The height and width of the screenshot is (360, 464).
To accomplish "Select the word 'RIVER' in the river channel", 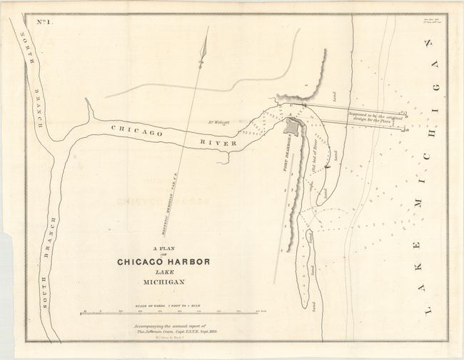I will (216, 144).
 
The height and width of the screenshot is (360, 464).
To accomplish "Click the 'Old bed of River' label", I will (315, 157).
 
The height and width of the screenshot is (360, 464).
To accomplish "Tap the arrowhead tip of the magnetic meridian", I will (207, 29).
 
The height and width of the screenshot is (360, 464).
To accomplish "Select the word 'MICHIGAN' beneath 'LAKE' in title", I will (163, 283).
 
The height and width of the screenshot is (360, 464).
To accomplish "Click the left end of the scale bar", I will (84, 311).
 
